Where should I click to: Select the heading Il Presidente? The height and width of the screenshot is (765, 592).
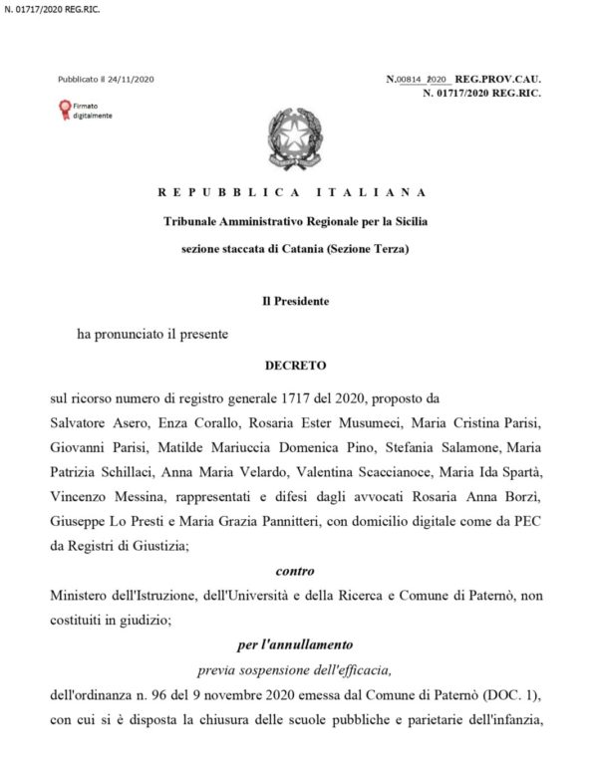[x=295, y=300]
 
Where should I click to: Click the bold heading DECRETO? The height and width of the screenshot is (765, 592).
[x=295, y=366]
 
